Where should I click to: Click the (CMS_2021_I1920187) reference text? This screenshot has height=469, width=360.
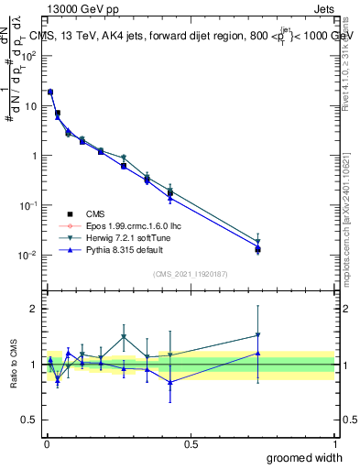click(190, 274)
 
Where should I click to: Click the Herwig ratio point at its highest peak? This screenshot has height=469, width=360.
click(124, 337)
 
